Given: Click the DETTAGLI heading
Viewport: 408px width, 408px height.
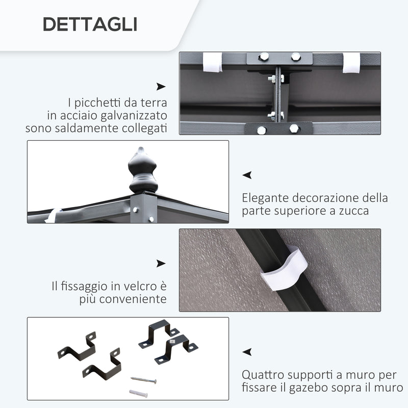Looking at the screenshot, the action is coord(90,24).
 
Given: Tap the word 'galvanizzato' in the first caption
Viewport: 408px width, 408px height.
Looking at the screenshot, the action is coord(134,116).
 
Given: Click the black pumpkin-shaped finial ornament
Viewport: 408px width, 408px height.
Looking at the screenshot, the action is coord(143,170).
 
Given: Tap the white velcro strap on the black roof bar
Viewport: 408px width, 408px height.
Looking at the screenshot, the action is coord(284,268).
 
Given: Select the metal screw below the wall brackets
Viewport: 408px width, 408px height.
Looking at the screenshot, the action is coord(144,380).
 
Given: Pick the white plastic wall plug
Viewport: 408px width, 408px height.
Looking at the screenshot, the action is coord(138,393).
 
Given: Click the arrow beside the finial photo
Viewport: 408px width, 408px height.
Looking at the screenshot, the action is coord(247,175).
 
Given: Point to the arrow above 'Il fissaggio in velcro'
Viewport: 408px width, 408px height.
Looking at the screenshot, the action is coord(161,263).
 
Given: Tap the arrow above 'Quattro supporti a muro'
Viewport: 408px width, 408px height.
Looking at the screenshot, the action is coord(247,352).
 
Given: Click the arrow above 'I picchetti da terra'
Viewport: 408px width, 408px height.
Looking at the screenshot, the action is coord(161,87).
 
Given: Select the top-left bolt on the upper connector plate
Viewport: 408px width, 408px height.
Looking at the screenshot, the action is coord(264,57).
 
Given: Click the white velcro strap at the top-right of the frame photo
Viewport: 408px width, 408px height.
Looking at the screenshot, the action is coord(351,63).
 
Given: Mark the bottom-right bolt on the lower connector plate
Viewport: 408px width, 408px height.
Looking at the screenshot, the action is coord(294,129).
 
